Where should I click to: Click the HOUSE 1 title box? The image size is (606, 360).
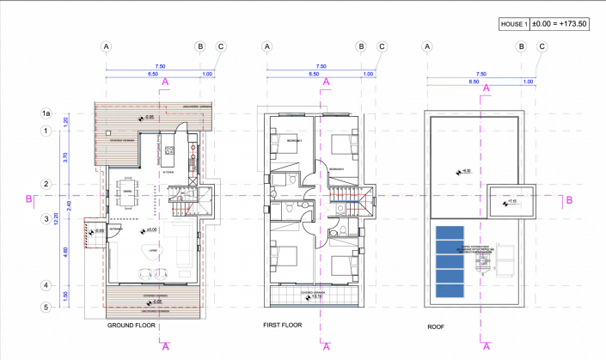[x=513, y=24]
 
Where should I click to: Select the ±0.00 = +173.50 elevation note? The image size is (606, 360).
[x=560, y=24]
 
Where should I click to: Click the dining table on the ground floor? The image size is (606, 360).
[x=129, y=198]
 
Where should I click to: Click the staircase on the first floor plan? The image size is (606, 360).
[x=365, y=204]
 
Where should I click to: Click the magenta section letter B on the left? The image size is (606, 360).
[x=30, y=199]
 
